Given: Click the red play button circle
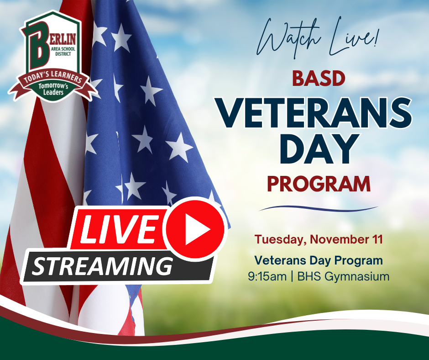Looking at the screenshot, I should tap(195, 229).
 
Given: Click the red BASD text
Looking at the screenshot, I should tap(318, 79).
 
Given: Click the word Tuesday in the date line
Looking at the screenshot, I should tap(279, 239).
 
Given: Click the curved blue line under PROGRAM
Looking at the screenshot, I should tap(318, 209).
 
